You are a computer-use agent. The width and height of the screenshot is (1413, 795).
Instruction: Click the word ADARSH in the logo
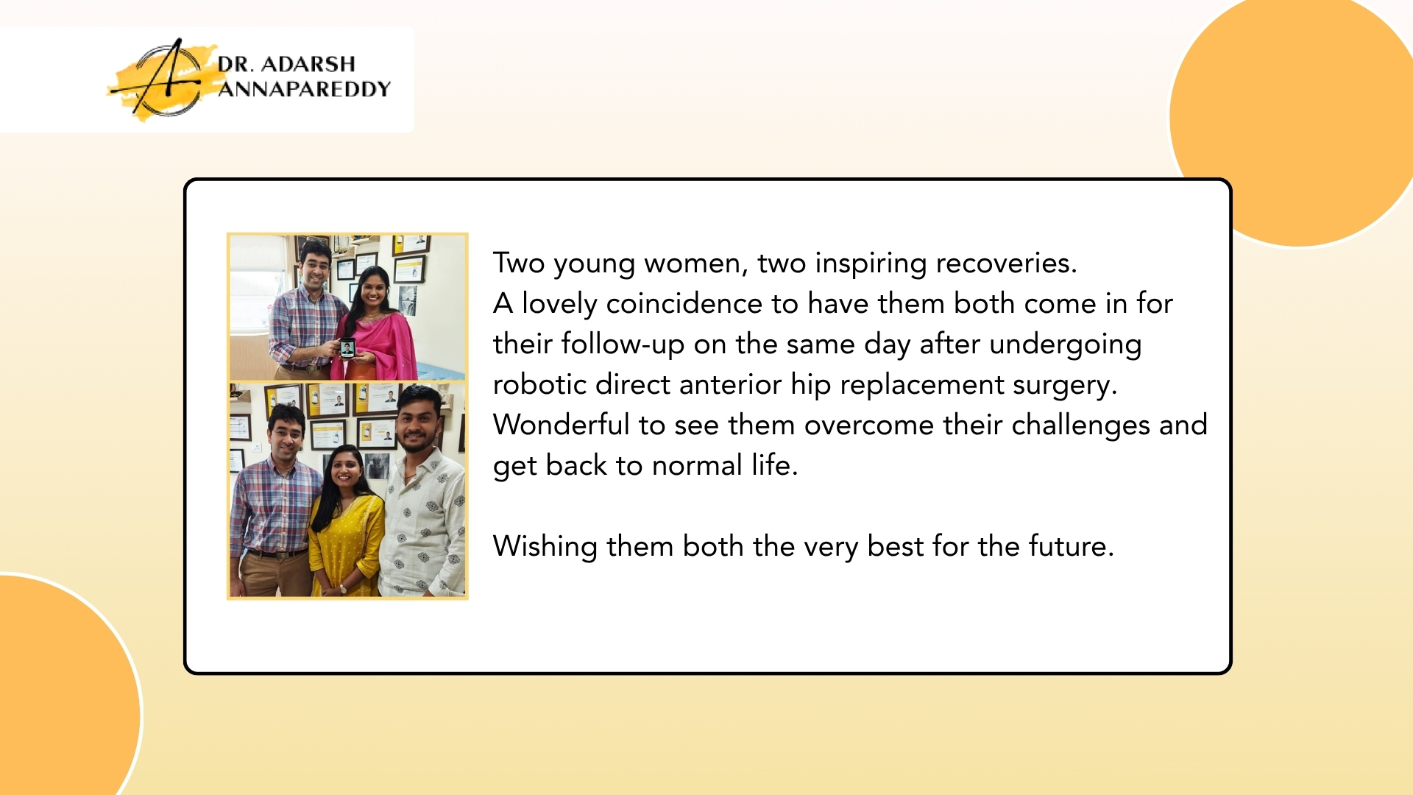pos(308,64)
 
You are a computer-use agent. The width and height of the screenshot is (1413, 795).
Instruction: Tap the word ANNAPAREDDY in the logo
pos(304,89)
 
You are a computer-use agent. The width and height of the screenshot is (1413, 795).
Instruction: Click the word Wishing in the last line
pos(545,547)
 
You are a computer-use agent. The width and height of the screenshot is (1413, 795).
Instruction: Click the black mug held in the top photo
pos(347,347)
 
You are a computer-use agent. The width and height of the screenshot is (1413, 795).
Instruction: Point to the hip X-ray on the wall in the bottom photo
pos(377,467)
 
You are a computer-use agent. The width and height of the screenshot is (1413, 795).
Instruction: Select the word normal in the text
pos(697,466)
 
